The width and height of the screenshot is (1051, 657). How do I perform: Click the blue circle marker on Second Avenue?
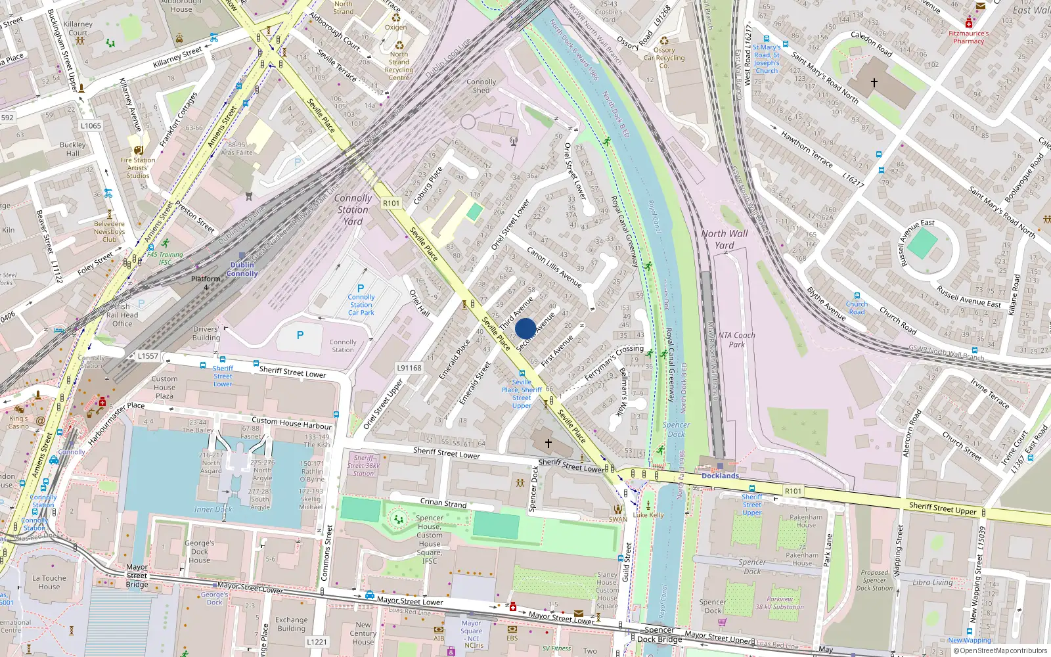click(525, 328)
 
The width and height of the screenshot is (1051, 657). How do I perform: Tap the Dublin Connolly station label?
click(242, 269)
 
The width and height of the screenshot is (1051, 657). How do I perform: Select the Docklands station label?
click(720, 476)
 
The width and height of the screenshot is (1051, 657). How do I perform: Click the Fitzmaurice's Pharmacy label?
click(968, 37)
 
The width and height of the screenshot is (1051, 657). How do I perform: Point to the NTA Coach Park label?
click(736, 340)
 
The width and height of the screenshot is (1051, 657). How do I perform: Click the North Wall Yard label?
click(724, 239)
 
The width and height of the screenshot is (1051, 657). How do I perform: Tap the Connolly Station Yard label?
click(353, 210)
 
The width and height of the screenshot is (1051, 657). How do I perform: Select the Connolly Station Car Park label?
click(361, 305)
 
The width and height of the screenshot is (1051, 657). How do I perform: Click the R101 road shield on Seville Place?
click(391, 204)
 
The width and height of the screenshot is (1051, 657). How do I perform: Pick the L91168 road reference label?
click(409, 368)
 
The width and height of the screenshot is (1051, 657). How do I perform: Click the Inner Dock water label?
click(213, 509)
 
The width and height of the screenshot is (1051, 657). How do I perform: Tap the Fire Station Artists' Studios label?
click(138, 168)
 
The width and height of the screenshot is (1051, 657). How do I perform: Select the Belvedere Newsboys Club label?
click(109, 231)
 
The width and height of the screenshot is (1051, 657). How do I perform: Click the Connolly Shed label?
click(481, 86)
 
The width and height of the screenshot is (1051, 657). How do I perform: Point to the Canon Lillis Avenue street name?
click(554, 267)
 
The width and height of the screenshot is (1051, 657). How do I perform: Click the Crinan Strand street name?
click(443, 503)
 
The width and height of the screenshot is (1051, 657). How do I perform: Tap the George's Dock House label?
click(199, 552)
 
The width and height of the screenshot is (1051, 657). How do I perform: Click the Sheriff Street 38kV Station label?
click(363, 465)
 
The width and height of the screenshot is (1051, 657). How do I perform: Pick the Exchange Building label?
click(291, 623)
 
